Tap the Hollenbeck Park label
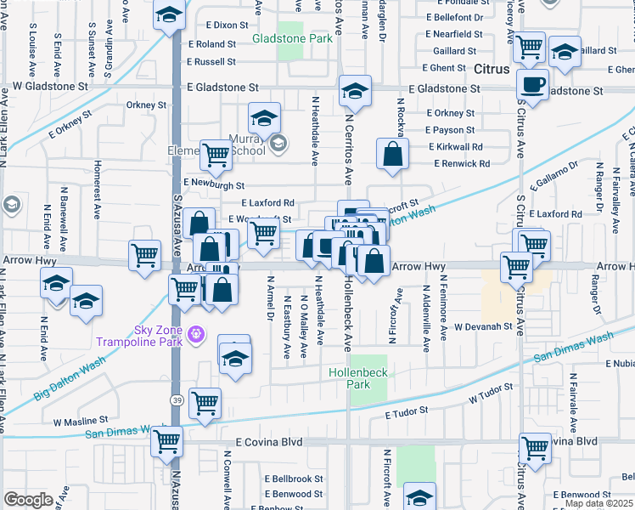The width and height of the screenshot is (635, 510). [351, 378]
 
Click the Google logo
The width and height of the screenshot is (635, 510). [28, 500]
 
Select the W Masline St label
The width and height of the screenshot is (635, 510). [80, 420]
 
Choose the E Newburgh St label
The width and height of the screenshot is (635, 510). [213, 184]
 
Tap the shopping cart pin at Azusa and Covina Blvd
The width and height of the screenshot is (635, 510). [166, 442]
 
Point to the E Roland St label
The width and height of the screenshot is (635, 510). [212, 44]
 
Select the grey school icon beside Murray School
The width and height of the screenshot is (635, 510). [278, 145]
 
